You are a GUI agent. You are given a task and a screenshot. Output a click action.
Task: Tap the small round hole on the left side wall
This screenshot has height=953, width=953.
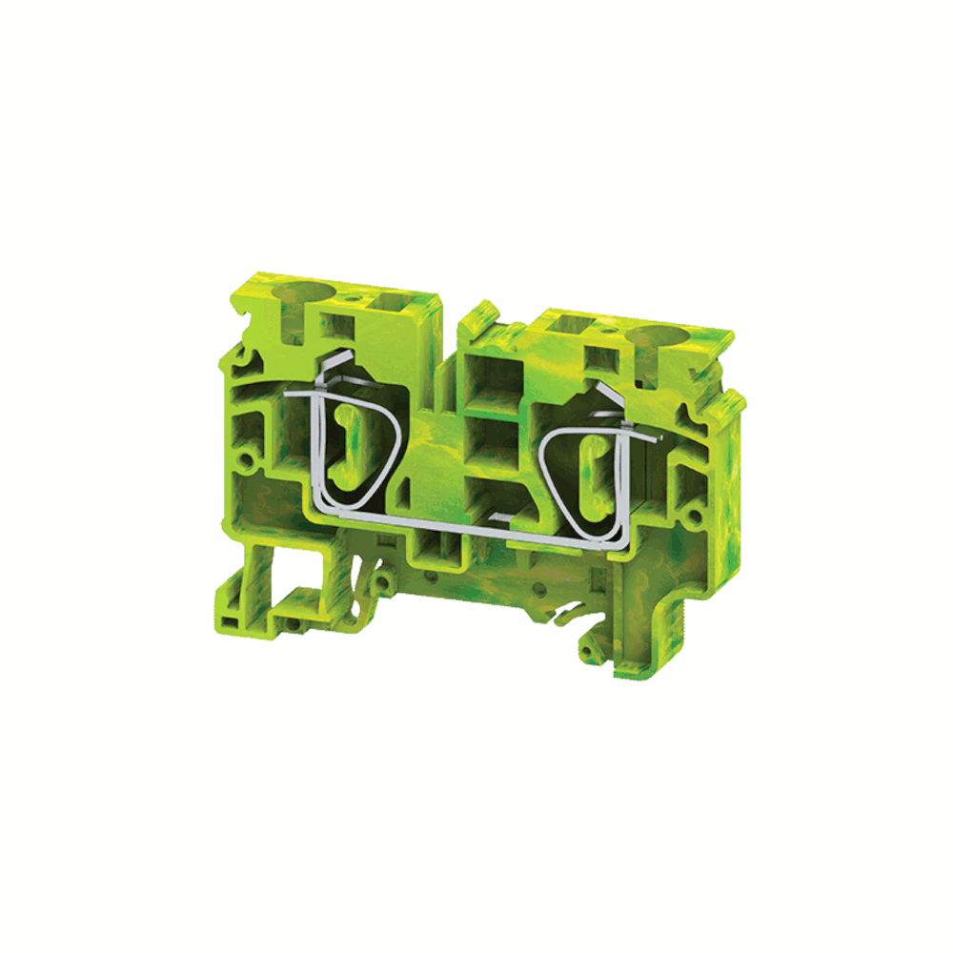click(x=249, y=462)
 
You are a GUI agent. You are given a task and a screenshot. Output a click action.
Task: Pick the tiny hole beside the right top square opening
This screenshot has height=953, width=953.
click(x=603, y=330)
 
